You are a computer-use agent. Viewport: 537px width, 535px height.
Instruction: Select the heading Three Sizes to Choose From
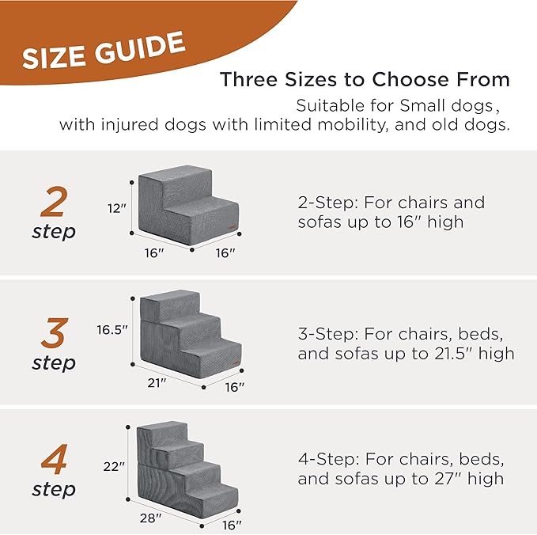pos(365,80)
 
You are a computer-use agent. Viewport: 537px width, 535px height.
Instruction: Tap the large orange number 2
pos(53,203)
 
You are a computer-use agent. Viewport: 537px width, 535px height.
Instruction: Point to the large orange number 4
pos(53,460)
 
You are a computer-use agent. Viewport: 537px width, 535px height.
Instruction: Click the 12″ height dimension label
pos(117,208)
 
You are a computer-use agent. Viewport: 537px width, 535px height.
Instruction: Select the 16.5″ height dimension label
pos(112,329)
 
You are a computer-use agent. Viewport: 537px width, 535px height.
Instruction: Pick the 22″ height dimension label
pos(115,467)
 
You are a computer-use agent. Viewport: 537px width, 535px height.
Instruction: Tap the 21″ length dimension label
pos(157,382)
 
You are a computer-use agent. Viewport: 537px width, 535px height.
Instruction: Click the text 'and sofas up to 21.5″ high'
pos(406,353)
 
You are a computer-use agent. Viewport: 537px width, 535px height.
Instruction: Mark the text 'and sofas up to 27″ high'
pos(400,479)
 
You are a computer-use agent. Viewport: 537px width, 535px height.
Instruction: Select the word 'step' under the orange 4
pos(54,490)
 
